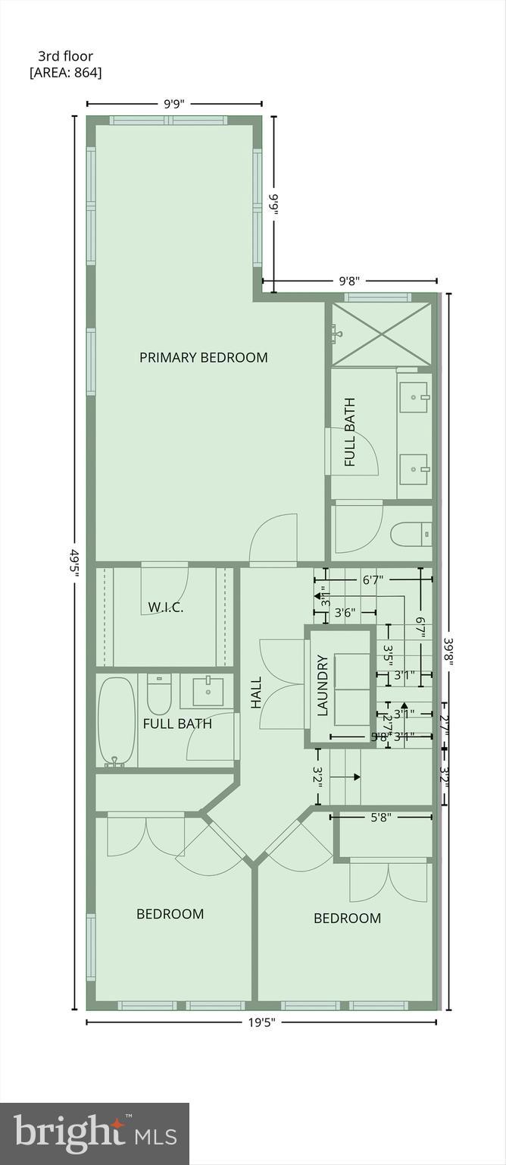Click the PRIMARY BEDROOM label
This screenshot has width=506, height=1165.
pos(203,357)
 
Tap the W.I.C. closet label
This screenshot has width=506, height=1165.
pos(166,607)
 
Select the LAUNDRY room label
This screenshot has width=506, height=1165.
pos(322,685)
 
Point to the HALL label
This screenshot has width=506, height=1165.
pos(256,692)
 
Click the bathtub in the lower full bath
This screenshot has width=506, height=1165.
pos(116,720)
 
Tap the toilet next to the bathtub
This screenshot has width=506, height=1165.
pos(159,694)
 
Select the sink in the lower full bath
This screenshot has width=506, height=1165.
pos(207,691)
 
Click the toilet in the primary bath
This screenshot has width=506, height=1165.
pos(411,535)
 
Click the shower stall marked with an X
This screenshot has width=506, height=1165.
pos(381,334)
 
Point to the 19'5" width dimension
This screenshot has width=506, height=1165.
pos(261,1022)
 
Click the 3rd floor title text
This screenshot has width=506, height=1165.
pos(66,56)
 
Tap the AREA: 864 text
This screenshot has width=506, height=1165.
pos(65,73)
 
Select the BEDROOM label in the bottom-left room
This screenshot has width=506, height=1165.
pos(170,914)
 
